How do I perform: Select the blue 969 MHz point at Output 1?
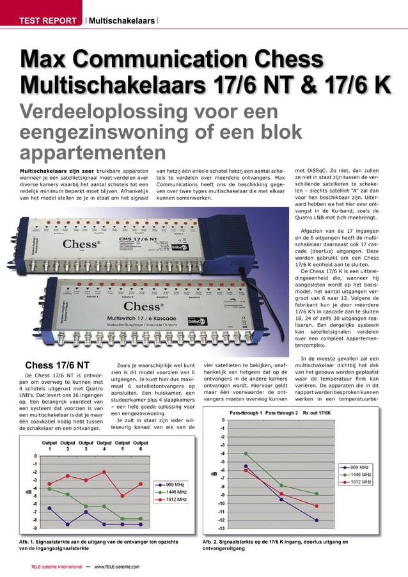coord(50,509)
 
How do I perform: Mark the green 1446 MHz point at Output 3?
coord(86,506)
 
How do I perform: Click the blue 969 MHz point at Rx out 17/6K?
coord(316,520)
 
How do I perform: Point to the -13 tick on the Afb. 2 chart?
coord(221,528)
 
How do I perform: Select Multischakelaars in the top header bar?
coord(122,21)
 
